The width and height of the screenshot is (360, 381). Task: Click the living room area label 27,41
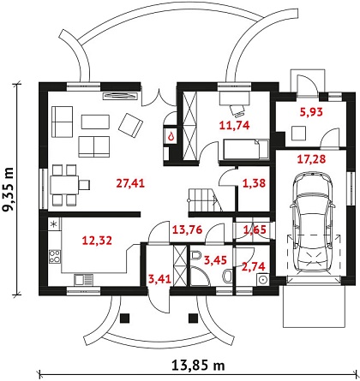coord(130,183)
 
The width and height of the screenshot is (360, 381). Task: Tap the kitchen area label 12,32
coord(97,241)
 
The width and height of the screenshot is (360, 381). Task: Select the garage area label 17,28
coord(311,159)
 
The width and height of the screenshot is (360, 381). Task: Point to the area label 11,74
coord(235,125)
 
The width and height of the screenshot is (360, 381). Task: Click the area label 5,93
coord(311,112)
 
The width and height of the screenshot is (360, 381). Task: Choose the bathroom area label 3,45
coord(215,260)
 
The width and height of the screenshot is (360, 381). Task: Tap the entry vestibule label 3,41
coord(160,278)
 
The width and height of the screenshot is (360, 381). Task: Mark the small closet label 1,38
coord(254,183)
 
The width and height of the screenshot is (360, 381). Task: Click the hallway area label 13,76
coord(188,229)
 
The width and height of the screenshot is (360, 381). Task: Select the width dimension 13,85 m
coord(198,365)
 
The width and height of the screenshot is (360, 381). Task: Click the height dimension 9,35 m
coord(8,189)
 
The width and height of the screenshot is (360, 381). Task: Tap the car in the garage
coord(312,222)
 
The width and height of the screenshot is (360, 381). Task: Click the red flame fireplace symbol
coord(171,137)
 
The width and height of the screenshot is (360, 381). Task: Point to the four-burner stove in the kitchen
coord(55,256)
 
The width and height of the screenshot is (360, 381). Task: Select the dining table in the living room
coord(64,185)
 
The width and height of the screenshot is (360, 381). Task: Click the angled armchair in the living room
coord(130,125)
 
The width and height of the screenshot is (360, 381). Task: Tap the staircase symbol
coord(205,200)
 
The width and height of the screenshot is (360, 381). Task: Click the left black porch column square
coord(125,318)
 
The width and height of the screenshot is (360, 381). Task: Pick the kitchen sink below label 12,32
coord(83,279)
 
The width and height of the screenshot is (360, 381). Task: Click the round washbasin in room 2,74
coord(262,279)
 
